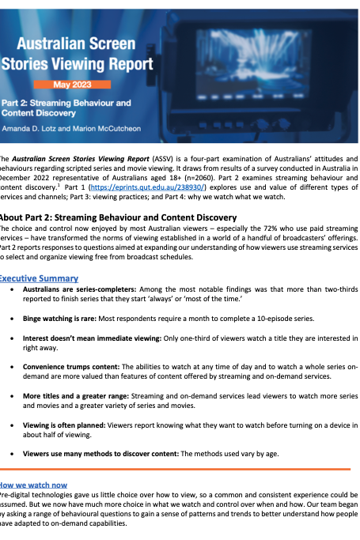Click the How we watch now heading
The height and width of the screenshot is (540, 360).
32,484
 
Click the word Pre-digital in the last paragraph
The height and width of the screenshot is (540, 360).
17,494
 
